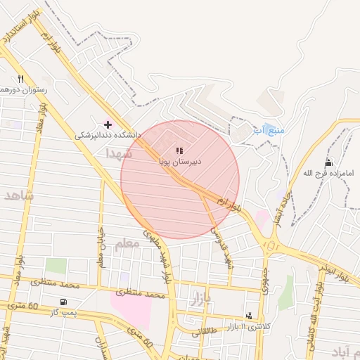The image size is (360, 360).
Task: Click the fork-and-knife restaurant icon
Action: tap(21, 79)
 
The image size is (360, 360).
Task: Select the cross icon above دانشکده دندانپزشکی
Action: tap(108, 124)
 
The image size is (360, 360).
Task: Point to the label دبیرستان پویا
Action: tap(180, 161)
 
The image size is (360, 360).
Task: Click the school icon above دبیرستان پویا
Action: tap(179, 150)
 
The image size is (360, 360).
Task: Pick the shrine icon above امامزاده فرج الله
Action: tap(328, 162)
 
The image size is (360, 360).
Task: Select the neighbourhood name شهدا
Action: tap(119, 153)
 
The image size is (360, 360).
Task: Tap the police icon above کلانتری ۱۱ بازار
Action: tap(249, 316)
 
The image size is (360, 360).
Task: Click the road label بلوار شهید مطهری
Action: tap(158, 254)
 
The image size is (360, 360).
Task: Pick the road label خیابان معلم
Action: tap(101, 247)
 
